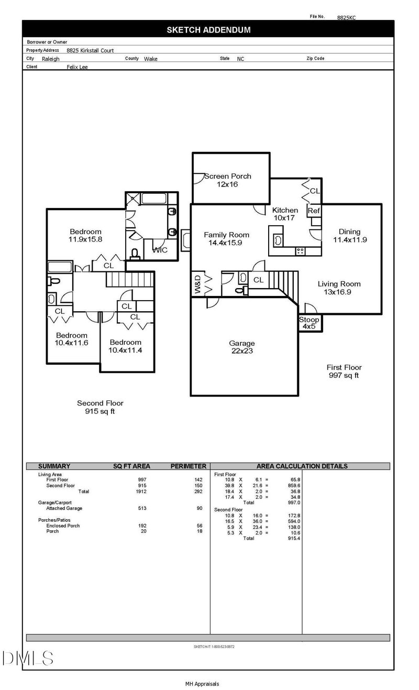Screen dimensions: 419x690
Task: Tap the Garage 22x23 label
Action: (x=242, y=347)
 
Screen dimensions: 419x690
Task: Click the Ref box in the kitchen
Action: (x=314, y=211)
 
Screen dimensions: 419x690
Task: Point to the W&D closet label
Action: (x=197, y=284)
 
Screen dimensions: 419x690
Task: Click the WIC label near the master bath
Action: (x=160, y=250)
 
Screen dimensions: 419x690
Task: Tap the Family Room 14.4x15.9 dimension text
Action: (x=225, y=243)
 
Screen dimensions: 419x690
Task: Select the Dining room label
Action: (x=349, y=232)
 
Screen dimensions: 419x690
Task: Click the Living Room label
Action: (x=339, y=284)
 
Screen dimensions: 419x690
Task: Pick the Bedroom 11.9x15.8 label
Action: (x=85, y=235)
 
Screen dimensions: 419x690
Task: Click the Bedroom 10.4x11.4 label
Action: (x=125, y=346)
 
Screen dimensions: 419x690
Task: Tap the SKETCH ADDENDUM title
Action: (x=209, y=30)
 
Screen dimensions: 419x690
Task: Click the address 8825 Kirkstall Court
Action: (x=90, y=50)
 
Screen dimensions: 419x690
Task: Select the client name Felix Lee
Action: (x=78, y=67)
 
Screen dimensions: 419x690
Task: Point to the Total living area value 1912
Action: (x=141, y=491)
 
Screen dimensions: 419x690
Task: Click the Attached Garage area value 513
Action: (x=142, y=508)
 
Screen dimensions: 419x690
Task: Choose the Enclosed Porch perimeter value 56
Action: (x=200, y=525)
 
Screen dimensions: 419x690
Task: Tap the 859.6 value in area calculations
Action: (x=294, y=486)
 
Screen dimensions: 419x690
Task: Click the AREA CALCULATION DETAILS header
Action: (x=302, y=466)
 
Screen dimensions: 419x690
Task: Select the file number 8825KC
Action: (x=346, y=18)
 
